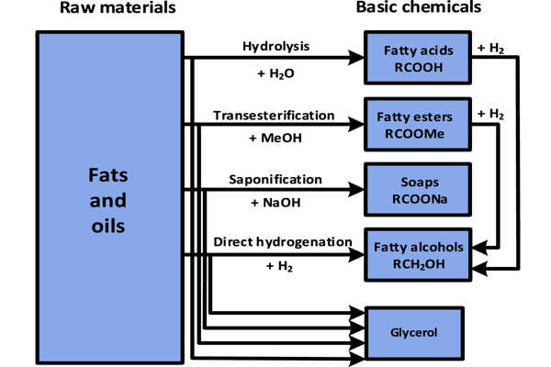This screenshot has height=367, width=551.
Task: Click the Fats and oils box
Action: click(x=108, y=198)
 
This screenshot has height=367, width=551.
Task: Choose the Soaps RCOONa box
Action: click(x=417, y=188)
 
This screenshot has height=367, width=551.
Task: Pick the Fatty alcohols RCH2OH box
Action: click(x=419, y=252)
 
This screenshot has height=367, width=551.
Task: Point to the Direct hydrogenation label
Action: click(x=282, y=241)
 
